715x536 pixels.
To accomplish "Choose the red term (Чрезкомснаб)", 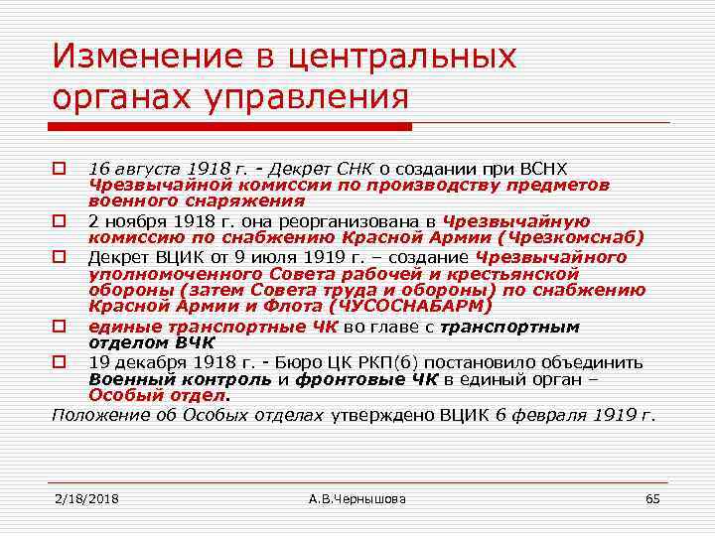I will click(570, 237).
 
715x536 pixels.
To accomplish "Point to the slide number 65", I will click(652, 497).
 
